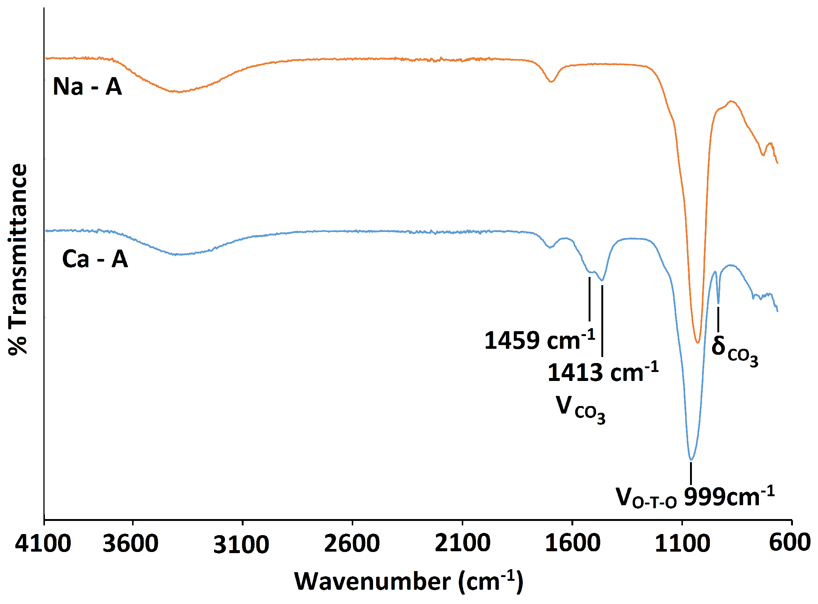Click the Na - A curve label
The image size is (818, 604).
pyautogui.click(x=88, y=87)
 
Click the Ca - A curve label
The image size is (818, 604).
pyautogui.click(x=95, y=259)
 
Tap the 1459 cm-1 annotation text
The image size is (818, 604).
pyautogui.click(x=539, y=340)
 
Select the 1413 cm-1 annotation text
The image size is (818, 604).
pyautogui.click(x=602, y=372)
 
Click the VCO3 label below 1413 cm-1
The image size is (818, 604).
pyautogui.click(x=580, y=409)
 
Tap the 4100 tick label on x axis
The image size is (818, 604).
pyautogui.click(x=43, y=543)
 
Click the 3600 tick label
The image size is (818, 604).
pyautogui.click(x=131, y=543)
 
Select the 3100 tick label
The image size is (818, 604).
pyautogui.click(x=241, y=544)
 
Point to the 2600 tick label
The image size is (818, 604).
pyautogui.click(x=352, y=543)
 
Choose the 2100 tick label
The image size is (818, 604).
pyautogui.click(x=462, y=543)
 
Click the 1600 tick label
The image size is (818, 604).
pyautogui.click(x=573, y=543)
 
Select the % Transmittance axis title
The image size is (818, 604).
pyautogui.click(x=18, y=259)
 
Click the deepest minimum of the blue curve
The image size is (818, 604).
pyautogui.click(x=691, y=460)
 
